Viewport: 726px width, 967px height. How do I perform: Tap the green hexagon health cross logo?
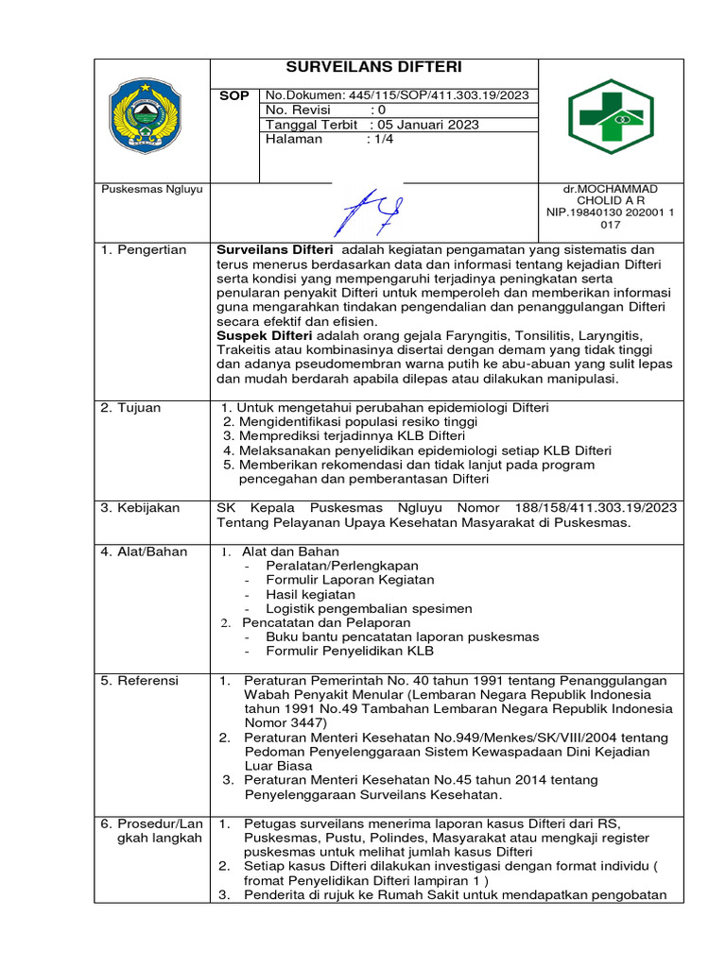(x=610, y=116)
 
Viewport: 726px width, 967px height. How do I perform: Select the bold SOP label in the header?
(x=233, y=96)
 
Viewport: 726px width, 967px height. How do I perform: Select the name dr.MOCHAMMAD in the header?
(x=610, y=190)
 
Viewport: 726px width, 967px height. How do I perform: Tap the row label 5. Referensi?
(x=142, y=681)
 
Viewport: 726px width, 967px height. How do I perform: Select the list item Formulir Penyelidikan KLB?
(x=350, y=652)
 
